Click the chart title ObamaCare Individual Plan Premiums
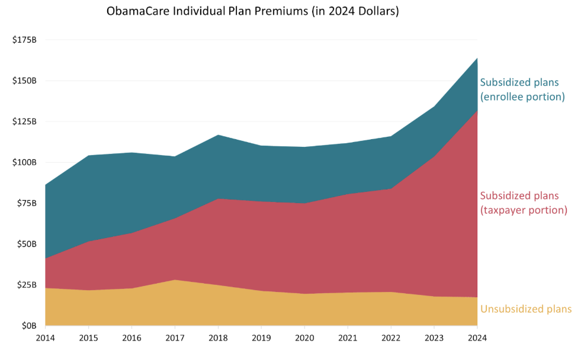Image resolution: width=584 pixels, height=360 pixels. coord(252,11)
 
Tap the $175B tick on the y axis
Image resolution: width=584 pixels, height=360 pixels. coord(24,40)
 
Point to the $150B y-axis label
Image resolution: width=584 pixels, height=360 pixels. coord(24,81)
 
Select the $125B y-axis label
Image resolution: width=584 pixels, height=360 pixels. coord(24,121)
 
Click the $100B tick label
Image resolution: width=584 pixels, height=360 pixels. coord(24,162)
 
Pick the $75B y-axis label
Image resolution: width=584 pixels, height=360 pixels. coord(26,203)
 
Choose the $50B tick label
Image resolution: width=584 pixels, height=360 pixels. coord(26,244)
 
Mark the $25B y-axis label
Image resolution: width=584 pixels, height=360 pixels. coord(26,285)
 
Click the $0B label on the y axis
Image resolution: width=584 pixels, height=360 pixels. coord(28,326)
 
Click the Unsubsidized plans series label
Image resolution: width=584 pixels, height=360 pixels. coord(526,309)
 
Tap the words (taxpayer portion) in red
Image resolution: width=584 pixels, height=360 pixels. coord(524,210)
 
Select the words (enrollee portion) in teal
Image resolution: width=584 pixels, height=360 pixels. coord(522,97)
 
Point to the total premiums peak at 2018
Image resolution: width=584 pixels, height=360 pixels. coord(218,135)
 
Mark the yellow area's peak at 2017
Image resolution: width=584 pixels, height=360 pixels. coord(175,280)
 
